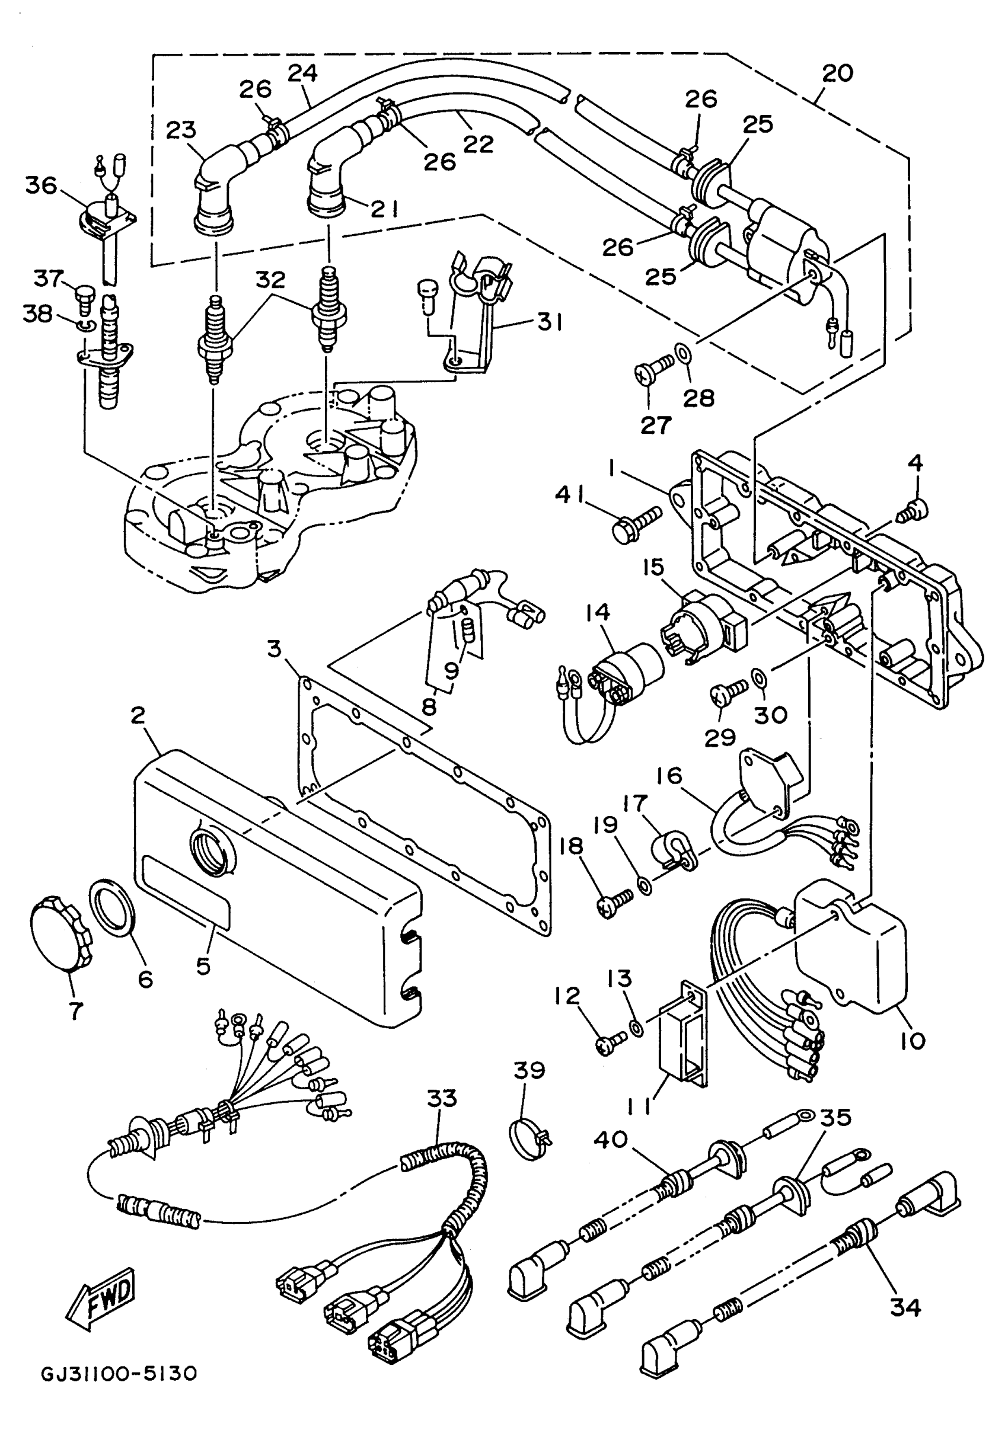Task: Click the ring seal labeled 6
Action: (x=113, y=908)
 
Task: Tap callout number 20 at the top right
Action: (x=837, y=73)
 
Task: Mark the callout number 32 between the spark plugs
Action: (x=271, y=280)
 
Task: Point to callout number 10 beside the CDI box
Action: (x=912, y=1040)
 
